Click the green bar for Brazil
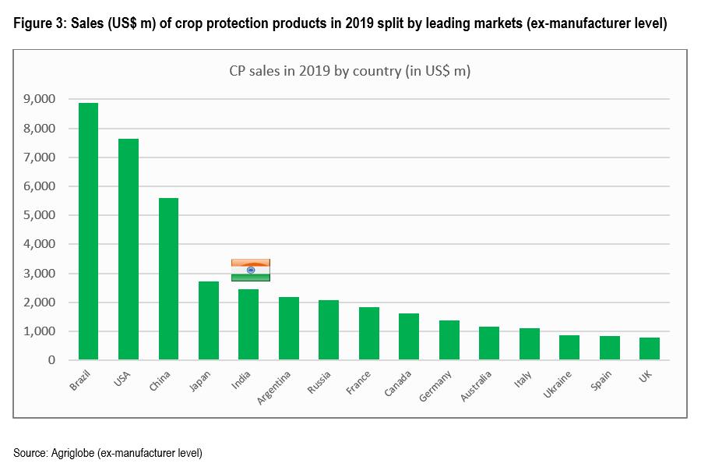click(x=88, y=232)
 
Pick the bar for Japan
click(x=208, y=320)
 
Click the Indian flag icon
click(x=251, y=270)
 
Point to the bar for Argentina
click(x=288, y=328)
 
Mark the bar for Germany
click(x=449, y=340)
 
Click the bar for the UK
click(x=649, y=348)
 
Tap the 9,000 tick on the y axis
click(x=40, y=99)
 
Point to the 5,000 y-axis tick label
click(x=40, y=215)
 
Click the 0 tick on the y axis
click(x=51, y=360)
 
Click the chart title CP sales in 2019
click(x=349, y=71)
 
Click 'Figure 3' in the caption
click(x=37, y=24)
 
